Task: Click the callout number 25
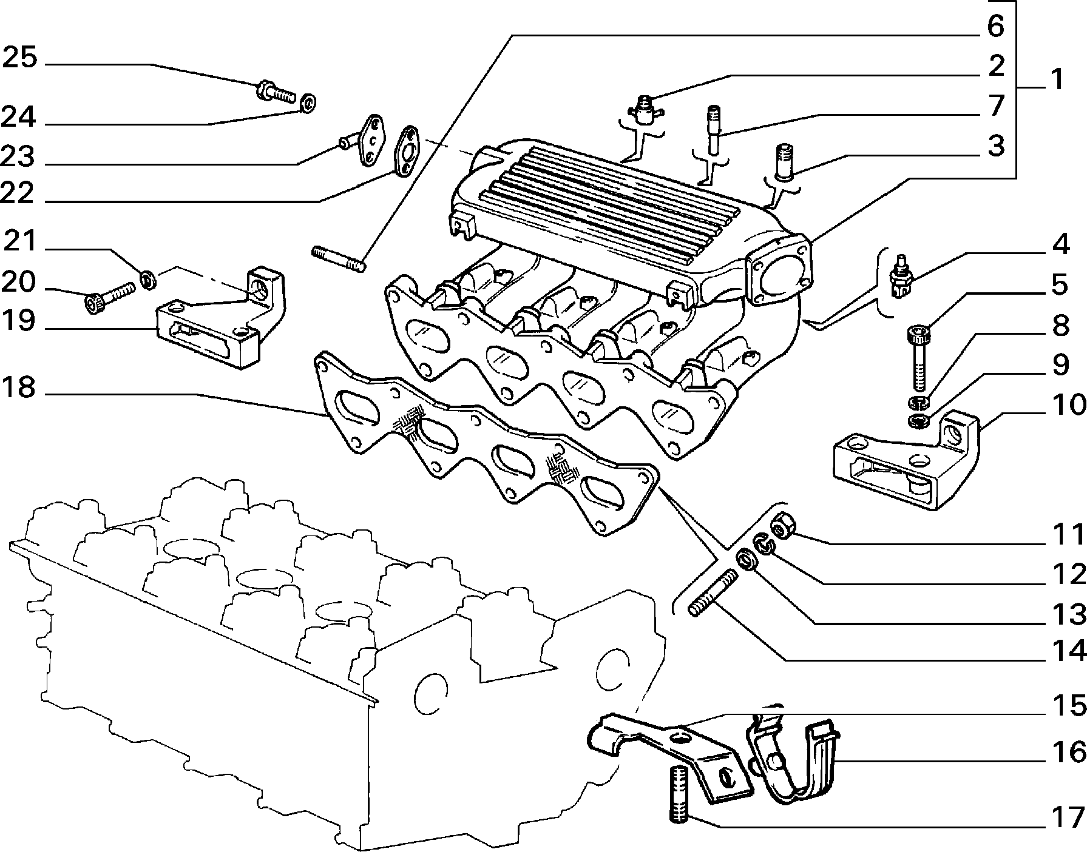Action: point(21,59)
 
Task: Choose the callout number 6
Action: point(996,26)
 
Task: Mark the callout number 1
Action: point(1057,79)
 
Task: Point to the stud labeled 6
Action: point(339,259)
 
